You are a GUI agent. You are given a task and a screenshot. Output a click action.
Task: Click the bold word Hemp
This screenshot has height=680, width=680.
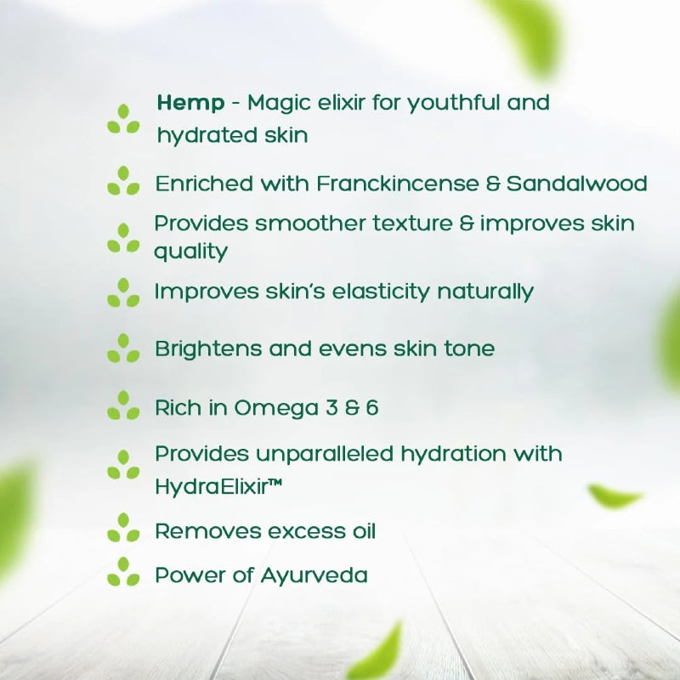pyautogui.click(x=190, y=104)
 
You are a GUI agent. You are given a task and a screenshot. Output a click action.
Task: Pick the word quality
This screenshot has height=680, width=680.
pyautogui.click(x=190, y=252)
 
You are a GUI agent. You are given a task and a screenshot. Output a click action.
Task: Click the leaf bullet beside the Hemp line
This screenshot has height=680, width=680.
pyautogui.click(x=123, y=120)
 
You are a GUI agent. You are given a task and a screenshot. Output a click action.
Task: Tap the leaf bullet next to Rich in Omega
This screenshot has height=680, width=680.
pyautogui.click(x=123, y=406)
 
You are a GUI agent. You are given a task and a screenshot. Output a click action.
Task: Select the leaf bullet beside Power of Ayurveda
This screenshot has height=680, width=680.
pyautogui.click(x=123, y=573)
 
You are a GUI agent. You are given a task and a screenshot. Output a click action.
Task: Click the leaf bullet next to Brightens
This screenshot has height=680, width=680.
pyautogui.click(x=123, y=348)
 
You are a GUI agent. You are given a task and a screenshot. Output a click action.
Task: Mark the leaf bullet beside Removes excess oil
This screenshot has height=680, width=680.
pyautogui.click(x=123, y=529)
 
